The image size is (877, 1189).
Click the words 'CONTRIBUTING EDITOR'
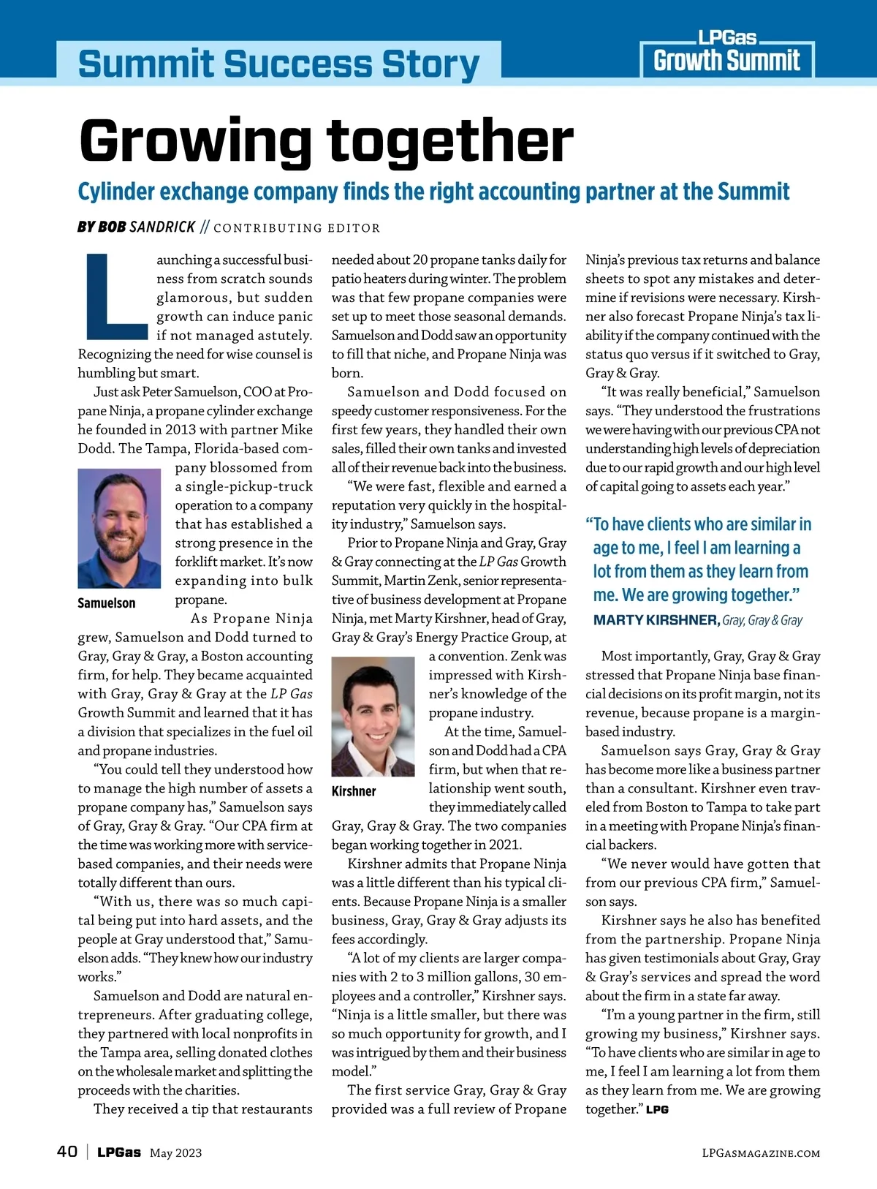tap(297, 228)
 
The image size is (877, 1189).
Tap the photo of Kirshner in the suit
tap(373, 717)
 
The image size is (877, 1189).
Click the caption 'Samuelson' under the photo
tap(107, 603)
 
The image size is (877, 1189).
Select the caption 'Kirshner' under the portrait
tap(354, 791)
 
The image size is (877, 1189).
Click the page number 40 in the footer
tap(67, 1152)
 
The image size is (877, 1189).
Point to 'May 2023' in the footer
tap(175, 1153)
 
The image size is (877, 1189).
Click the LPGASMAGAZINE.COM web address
tap(760, 1153)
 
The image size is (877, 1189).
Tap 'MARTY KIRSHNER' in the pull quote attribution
tap(656, 620)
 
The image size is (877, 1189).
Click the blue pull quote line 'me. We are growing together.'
tap(696, 594)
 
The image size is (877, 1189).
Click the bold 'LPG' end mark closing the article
tap(657, 1109)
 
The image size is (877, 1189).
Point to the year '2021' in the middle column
tap(504, 845)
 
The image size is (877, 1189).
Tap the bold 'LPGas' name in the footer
tap(119, 1152)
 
